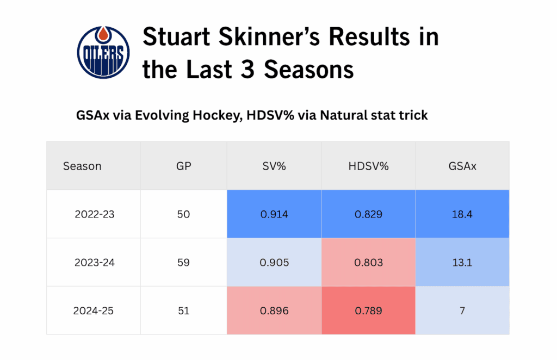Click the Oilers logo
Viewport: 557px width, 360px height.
coord(104,52)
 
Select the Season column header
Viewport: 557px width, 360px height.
coord(82,166)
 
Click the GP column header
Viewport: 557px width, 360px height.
coord(184,166)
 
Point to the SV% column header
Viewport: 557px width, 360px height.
coord(274,166)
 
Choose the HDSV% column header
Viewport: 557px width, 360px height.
coord(368,166)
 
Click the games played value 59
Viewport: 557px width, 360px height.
coord(184,263)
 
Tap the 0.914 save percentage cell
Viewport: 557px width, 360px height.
coord(274,214)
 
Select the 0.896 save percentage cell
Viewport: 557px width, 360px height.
coord(274,311)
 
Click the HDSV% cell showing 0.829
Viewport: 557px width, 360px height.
coord(368,214)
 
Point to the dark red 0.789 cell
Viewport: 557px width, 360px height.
coord(368,311)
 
